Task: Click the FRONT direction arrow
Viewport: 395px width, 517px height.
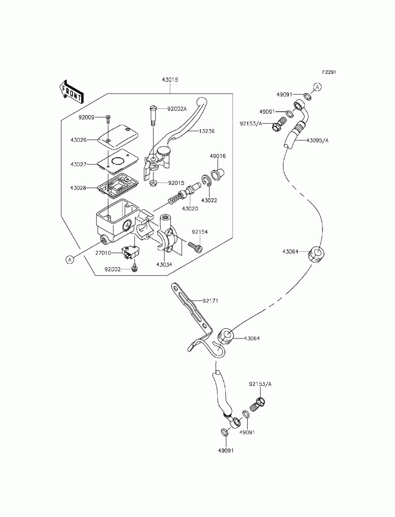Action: tap(71, 92)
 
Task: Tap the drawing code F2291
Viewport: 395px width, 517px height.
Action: tap(329, 72)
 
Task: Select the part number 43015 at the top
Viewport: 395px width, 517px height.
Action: tap(170, 80)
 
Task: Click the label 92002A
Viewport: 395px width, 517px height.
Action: tap(177, 109)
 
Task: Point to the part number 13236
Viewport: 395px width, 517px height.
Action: tap(206, 131)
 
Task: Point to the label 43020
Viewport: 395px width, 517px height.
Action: tap(190, 209)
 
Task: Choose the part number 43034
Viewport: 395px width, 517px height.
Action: tap(164, 265)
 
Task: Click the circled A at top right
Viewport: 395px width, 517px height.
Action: tap(317, 87)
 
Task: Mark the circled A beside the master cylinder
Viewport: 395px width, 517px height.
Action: tap(70, 260)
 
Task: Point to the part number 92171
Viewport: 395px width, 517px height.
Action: tap(210, 301)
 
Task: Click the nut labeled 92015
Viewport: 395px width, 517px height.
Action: tap(153, 182)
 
